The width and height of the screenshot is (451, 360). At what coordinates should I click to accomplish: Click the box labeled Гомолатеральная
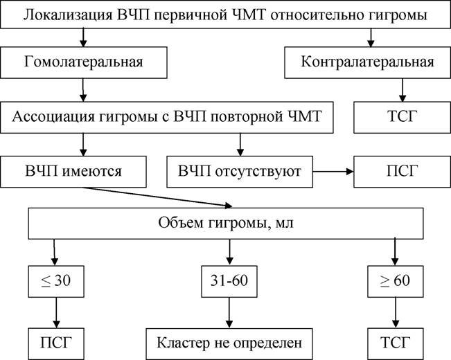click(83, 62)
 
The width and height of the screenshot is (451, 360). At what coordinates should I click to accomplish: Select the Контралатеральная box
click(368, 62)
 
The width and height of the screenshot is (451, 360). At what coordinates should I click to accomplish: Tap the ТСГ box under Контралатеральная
click(402, 117)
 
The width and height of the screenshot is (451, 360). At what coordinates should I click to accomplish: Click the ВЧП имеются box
click(73, 172)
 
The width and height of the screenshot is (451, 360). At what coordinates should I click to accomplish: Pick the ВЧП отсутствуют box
click(240, 172)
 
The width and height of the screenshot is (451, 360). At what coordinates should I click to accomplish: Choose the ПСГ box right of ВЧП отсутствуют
click(402, 172)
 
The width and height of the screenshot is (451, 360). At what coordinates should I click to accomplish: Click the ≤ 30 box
click(56, 281)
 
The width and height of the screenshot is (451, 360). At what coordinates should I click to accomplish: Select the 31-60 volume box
click(229, 281)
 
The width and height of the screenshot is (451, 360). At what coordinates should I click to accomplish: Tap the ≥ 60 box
click(396, 281)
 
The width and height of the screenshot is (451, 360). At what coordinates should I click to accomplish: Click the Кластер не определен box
click(229, 343)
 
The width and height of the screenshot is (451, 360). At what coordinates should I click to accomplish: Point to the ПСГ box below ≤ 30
click(56, 343)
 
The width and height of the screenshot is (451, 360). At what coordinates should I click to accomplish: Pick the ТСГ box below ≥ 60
click(396, 343)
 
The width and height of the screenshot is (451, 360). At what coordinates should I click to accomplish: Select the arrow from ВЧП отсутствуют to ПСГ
click(333, 172)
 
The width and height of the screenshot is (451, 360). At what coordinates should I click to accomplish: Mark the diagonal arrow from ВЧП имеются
click(157, 197)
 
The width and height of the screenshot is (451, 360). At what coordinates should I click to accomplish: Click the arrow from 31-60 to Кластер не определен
click(229, 312)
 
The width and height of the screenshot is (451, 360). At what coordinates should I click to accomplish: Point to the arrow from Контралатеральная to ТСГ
click(403, 90)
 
